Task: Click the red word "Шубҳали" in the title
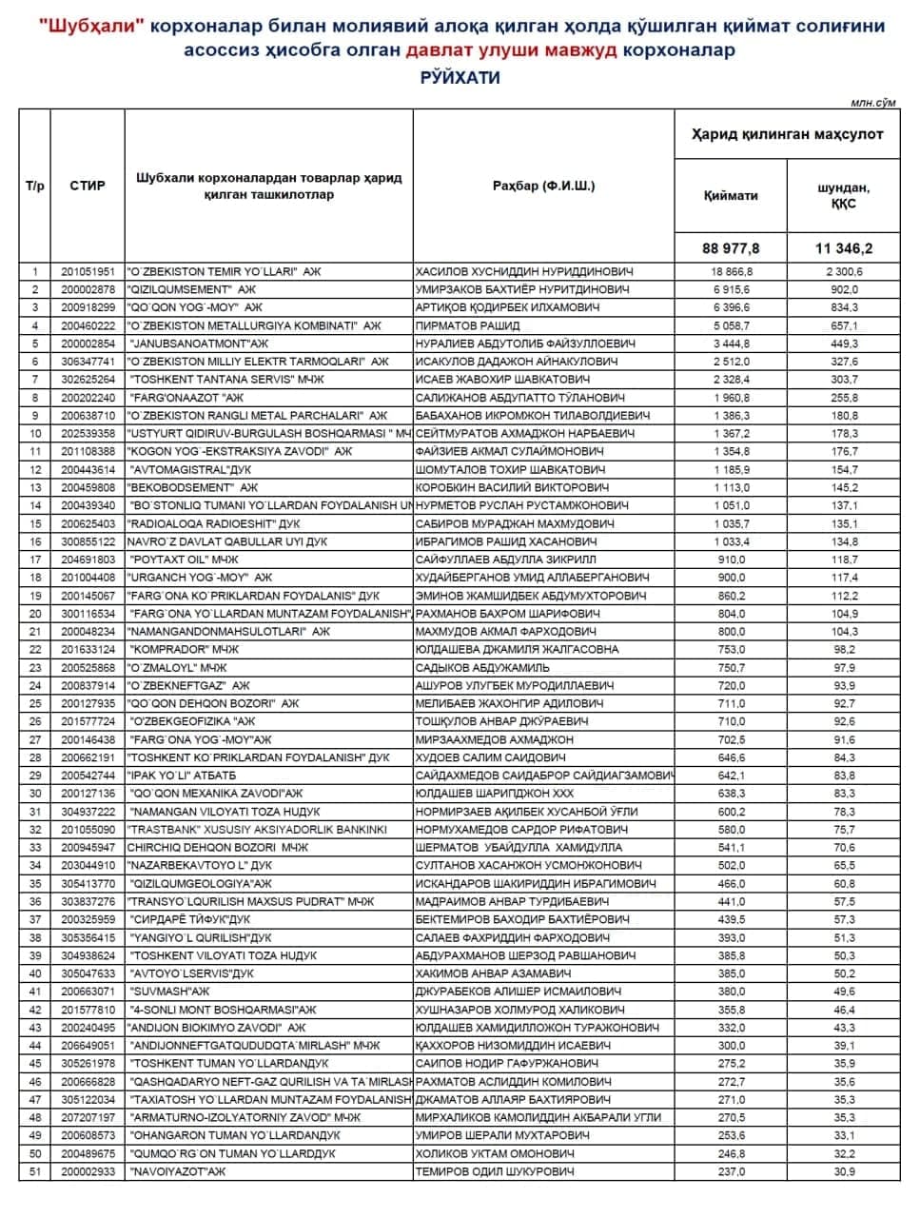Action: (93, 26)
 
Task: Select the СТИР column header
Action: (88, 186)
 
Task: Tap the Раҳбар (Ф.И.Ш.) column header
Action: (543, 186)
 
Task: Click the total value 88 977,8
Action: (731, 248)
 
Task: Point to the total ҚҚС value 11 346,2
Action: (843, 248)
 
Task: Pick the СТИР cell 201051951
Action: (88, 271)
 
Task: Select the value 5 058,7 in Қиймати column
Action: (731, 325)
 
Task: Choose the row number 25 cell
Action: (35, 703)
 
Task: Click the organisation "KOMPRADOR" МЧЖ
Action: (183, 649)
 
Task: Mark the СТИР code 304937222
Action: (88, 812)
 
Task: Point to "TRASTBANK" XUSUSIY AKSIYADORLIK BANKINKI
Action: (257, 830)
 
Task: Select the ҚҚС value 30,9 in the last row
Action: (844, 1171)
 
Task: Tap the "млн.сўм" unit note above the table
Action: (874, 101)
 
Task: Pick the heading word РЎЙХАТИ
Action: (460, 78)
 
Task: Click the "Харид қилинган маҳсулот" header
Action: (787, 134)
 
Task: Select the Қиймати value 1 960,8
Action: (731, 398)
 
